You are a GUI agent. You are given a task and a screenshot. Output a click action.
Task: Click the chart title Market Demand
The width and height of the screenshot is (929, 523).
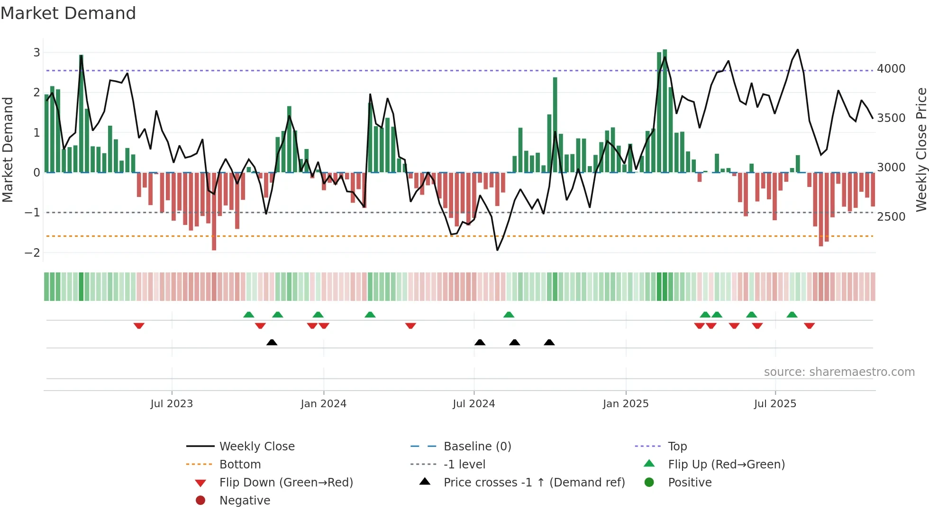tap(68, 13)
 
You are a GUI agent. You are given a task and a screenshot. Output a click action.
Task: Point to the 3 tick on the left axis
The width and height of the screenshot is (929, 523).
tap(36, 53)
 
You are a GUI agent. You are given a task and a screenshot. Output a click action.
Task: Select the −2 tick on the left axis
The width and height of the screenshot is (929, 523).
tap(32, 252)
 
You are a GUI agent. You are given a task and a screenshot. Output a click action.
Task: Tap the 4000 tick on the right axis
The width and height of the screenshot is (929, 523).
tap(891, 69)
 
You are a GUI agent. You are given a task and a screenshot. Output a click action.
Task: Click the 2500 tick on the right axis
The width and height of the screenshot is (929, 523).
tap(891, 216)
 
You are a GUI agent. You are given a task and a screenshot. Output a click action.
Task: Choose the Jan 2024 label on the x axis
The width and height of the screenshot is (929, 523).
tap(323, 404)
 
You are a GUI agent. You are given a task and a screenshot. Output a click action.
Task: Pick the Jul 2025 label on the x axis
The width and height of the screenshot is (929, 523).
tap(775, 404)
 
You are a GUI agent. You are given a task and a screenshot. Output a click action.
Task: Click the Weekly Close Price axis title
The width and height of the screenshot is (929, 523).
tap(921, 149)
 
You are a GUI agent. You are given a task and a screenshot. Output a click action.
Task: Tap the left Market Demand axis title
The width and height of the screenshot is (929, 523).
tap(8, 149)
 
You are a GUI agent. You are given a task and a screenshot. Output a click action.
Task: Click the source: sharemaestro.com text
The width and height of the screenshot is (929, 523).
tap(839, 372)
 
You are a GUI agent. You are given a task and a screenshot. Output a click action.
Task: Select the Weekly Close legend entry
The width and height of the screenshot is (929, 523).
tap(257, 447)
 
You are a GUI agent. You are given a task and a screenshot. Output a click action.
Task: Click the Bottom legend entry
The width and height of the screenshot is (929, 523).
tap(240, 465)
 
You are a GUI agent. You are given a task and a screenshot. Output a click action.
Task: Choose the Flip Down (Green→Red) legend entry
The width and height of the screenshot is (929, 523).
tap(286, 483)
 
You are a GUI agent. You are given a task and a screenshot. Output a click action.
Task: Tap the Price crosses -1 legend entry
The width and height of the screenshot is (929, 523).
tap(534, 483)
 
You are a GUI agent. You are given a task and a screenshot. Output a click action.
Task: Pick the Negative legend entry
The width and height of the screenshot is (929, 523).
tap(245, 501)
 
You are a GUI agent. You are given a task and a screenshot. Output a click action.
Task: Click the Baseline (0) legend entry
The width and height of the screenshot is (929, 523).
tap(477, 447)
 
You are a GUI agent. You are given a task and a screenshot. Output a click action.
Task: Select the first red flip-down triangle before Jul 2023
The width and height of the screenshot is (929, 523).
tap(139, 326)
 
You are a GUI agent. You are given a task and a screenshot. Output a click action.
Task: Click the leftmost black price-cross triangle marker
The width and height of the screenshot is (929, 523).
tap(272, 342)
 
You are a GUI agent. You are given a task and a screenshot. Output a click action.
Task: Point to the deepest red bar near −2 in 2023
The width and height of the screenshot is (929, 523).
tap(214, 211)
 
